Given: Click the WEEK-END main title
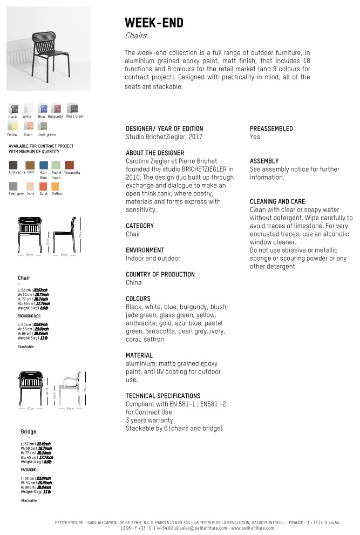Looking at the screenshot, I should [154, 23].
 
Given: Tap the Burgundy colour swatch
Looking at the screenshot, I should [56, 109].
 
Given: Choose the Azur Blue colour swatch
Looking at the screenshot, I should [44, 165].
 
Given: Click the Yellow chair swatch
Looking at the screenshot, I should [12, 126].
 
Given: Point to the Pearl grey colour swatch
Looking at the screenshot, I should [13, 186].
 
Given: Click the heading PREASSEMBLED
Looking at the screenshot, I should [271, 128].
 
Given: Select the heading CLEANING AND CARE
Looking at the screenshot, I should [277, 201].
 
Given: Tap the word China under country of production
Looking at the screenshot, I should [133, 282].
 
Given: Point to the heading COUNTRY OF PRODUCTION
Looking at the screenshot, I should [160, 274].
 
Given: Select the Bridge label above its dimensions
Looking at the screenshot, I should [29, 432].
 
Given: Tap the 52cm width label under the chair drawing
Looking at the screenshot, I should [30, 254].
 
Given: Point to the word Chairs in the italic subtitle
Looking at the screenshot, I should [135, 36].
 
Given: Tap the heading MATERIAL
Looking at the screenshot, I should [139, 355].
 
